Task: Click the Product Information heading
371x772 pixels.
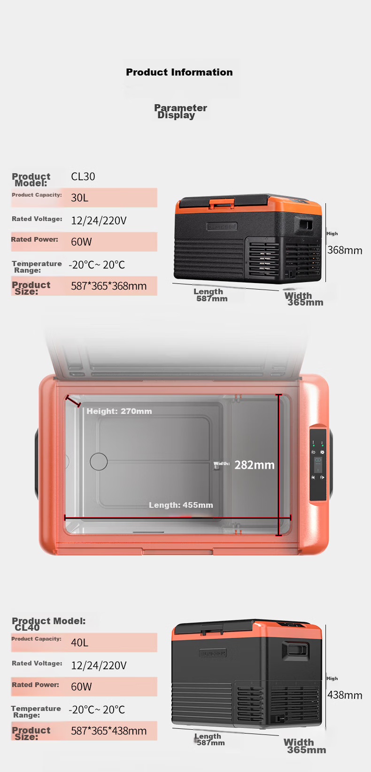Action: [x=179, y=72]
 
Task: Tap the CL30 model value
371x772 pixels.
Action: [x=83, y=176]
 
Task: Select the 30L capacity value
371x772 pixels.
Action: [x=80, y=198]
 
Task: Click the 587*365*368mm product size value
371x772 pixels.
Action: [x=108, y=286]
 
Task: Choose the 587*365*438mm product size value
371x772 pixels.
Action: [x=108, y=731]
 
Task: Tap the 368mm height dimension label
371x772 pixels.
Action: [x=345, y=250]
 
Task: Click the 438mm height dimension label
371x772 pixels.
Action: [x=345, y=695]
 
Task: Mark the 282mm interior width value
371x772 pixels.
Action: [x=255, y=465]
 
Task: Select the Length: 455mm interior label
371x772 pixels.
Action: [x=181, y=505]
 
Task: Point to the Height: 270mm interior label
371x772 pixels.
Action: [x=119, y=411]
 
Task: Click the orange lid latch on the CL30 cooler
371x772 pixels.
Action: [x=222, y=203]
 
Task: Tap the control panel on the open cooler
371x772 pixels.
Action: [x=318, y=465]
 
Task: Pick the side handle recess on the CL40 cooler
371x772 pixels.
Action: [x=296, y=650]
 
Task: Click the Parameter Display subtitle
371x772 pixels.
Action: [x=180, y=111]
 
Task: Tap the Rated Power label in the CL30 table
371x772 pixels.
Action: [x=34, y=239]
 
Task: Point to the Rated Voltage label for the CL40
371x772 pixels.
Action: [x=37, y=664]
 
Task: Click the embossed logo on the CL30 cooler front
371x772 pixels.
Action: [x=222, y=226]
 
